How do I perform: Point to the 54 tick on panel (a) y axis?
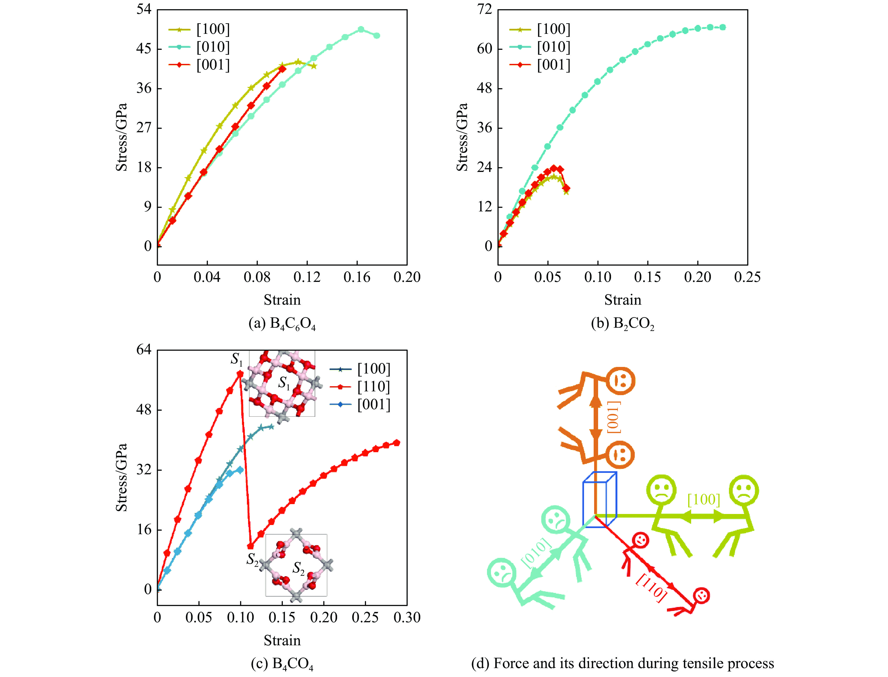(144, 9)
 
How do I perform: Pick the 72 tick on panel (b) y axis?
(485, 9)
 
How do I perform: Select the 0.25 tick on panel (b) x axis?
(747, 277)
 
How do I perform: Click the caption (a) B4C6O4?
(282, 324)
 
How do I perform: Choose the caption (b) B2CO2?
(623, 324)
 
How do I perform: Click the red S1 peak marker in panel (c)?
(240, 374)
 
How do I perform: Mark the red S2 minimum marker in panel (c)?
(250, 546)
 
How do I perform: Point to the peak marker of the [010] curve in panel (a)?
(361, 29)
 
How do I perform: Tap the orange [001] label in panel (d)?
(613, 417)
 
